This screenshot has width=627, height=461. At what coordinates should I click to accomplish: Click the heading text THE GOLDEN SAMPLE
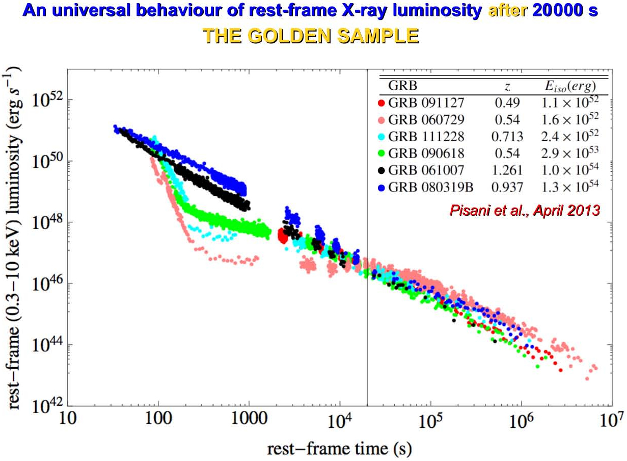coord(311,36)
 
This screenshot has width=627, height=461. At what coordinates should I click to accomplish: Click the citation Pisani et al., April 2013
coord(525,210)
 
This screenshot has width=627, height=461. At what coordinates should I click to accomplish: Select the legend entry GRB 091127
coord(426,103)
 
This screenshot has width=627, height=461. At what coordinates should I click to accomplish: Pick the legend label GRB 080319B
coord(430,187)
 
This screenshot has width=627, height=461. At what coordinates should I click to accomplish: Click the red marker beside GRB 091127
coord(381,103)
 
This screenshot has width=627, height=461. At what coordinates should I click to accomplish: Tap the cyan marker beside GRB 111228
coord(381,137)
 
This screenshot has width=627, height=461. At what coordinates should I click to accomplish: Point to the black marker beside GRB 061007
coord(381,170)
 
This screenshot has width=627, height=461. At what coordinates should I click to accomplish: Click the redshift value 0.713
coord(507,137)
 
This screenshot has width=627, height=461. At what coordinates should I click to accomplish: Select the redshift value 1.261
coord(507,170)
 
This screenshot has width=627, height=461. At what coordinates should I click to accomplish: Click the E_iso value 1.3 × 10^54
coord(570,186)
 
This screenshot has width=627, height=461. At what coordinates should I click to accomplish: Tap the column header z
coord(507,87)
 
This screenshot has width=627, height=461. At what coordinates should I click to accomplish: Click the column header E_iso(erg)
coord(570,86)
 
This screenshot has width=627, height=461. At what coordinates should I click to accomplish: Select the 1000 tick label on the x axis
coord(249,419)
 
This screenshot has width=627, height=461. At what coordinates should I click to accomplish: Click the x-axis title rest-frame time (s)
coord(339,449)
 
